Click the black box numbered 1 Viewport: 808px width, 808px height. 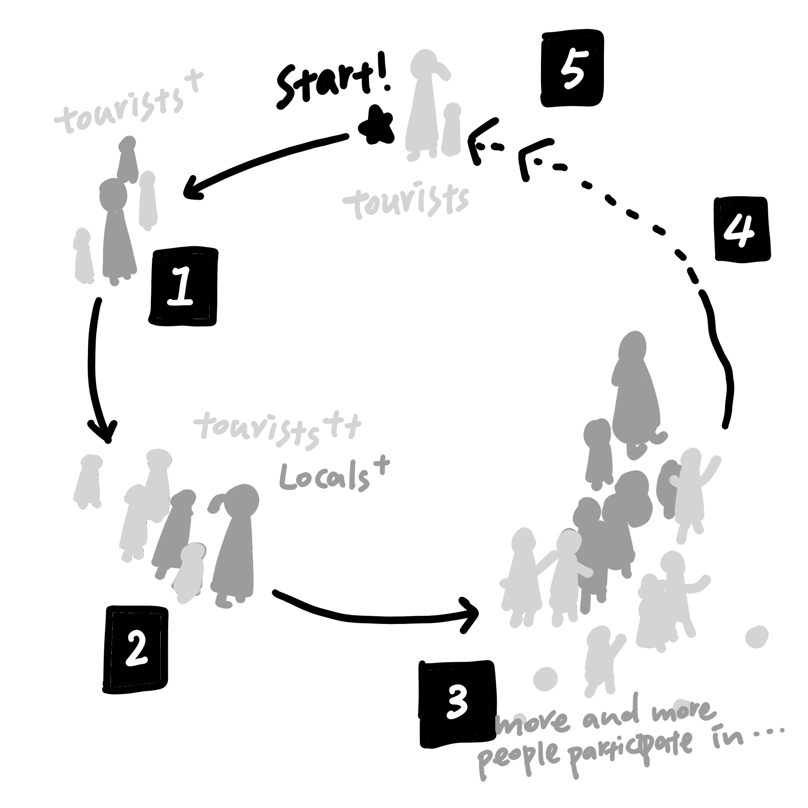pyautogui.click(x=183, y=287)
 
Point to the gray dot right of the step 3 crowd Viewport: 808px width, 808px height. pyautogui.click(x=757, y=637)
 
